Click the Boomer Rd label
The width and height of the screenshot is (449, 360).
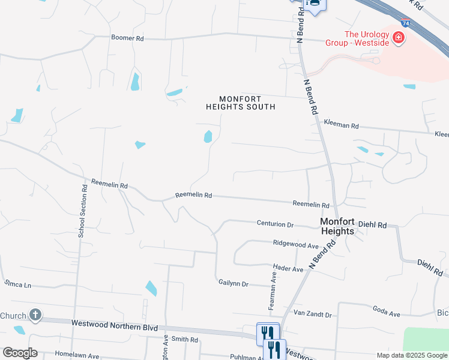pos(127,38)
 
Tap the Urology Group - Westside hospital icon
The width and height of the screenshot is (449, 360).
pos(397,39)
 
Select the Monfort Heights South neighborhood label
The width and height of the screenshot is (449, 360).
pos(240,103)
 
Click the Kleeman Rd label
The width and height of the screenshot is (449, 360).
pos(341,126)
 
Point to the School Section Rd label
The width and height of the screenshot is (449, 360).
pos(82,211)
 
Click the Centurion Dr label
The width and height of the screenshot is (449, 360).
pos(275,224)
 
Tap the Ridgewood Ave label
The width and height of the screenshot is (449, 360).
pos(295,245)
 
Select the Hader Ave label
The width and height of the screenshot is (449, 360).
pos(288,269)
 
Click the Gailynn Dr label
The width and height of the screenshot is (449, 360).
pos(234,283)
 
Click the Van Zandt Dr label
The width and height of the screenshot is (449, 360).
pos(312,313)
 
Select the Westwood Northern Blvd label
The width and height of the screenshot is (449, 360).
pos(114,323)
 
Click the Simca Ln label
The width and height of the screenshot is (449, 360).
pos(17,283)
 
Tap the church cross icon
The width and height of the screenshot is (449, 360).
pos(35,314)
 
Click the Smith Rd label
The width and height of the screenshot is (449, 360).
pos(184,339)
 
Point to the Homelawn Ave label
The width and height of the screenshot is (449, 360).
pos(77,355)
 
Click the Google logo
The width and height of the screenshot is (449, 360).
pos(20,353)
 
